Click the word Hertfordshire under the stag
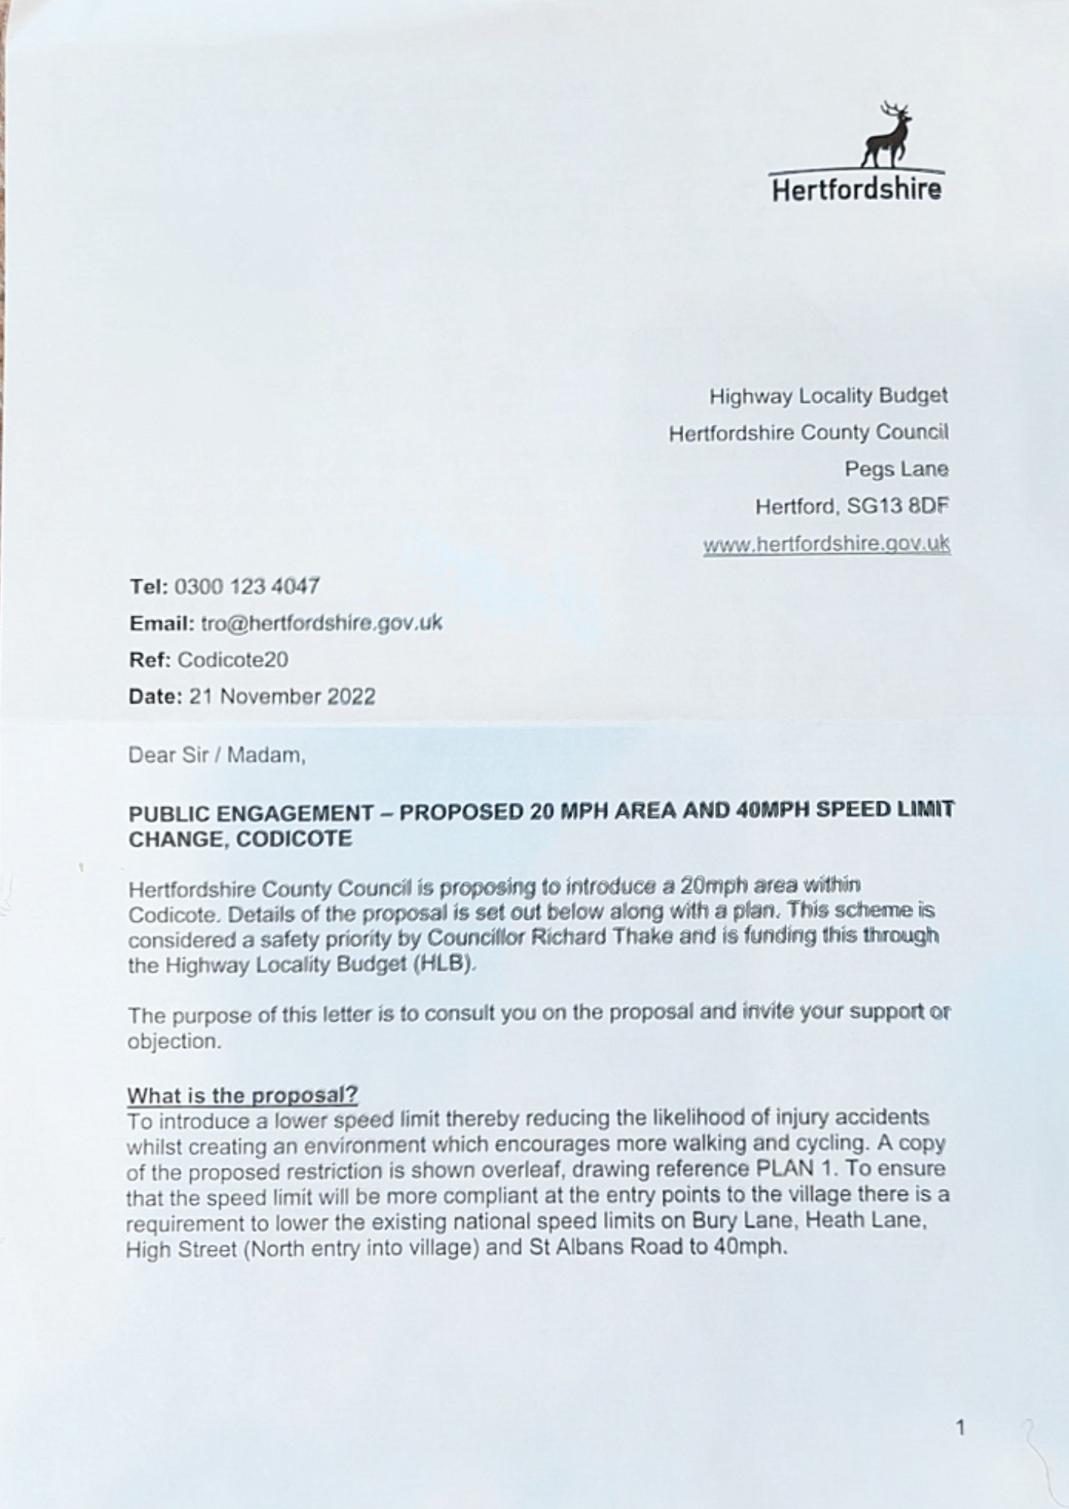[856, 189]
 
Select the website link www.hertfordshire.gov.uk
[826, 544]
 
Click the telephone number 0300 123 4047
[247, 586]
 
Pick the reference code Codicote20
[233, 660]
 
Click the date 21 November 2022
[282, 696]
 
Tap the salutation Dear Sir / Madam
[217, 755]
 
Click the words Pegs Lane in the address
[896, 469]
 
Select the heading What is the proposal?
[242, 1095]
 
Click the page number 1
[960, 1428]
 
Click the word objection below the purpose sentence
[174, 1042]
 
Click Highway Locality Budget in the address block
[828, 395]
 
